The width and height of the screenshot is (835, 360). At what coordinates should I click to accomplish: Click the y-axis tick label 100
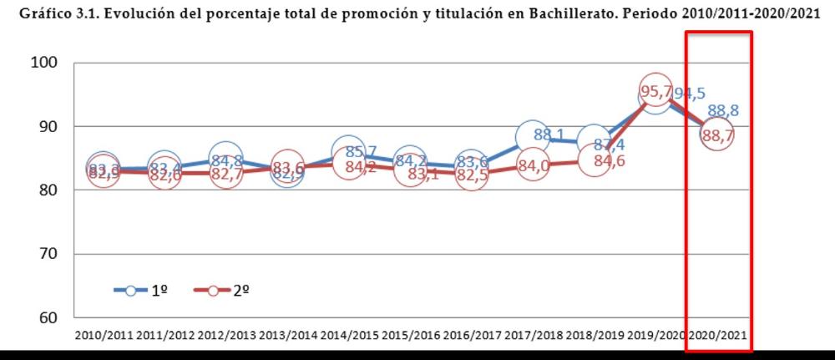[43, 63]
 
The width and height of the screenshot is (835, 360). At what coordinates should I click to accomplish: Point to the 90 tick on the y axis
[48, 127]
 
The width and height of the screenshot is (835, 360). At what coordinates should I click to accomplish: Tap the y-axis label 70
[48, 254]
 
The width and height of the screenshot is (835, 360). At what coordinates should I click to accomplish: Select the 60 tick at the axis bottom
[48, 318]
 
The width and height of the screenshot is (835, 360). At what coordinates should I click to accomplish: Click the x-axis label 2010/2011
[103, 336]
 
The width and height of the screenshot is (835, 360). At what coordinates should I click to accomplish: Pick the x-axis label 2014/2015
[348, 336]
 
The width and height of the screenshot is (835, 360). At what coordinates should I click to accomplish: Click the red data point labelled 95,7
[655, 90]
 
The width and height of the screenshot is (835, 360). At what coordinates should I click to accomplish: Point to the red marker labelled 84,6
[594, 160]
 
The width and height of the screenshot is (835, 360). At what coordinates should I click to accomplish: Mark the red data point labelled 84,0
[532, 165]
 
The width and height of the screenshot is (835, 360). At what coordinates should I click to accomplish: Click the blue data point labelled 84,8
[225, 159]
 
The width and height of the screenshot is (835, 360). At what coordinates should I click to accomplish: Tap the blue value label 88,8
[722, 110]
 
